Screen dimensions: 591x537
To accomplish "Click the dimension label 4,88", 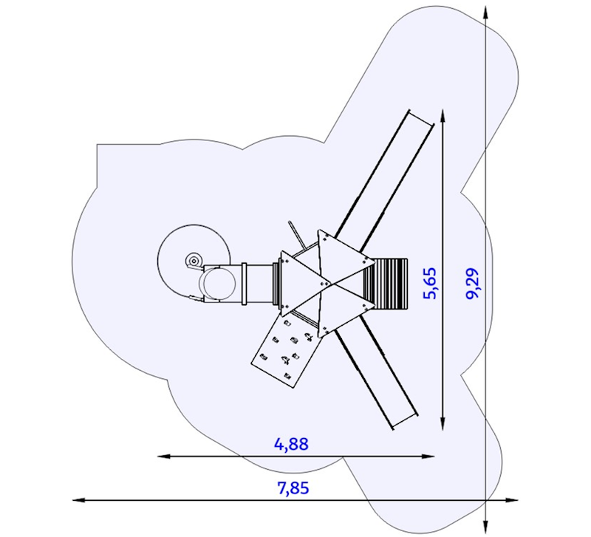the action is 291,444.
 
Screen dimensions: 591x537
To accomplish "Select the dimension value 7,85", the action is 293,488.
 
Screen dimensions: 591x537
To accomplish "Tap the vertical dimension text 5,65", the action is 431,283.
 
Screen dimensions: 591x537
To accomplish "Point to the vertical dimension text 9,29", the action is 472,283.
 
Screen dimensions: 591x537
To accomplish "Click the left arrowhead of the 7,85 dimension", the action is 78,500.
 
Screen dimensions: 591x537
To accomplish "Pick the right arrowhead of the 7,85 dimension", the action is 513,500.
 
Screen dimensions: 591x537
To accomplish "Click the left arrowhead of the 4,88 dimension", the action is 163,456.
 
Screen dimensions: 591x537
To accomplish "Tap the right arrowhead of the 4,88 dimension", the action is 428,456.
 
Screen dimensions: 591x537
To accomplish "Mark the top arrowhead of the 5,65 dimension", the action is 443,116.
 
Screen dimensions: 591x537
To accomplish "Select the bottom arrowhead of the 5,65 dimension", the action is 443,423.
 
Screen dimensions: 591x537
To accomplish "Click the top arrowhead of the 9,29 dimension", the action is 485,13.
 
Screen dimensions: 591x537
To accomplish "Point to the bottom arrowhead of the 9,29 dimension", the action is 485,525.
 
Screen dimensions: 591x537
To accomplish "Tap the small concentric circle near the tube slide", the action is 194,261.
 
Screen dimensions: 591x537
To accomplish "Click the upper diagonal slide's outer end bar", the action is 420,117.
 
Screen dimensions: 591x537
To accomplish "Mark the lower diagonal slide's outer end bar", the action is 406,421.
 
